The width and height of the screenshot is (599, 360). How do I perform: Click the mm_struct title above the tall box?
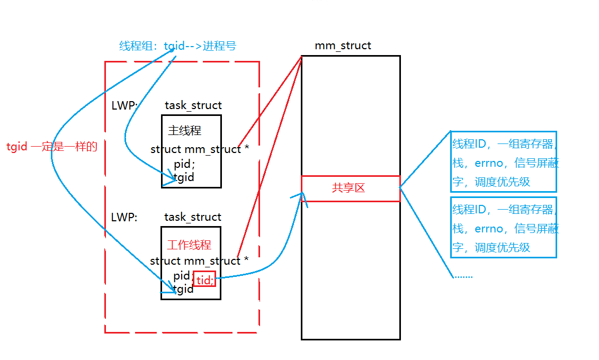point(343,46)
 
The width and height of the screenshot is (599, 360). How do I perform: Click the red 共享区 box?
point(350,188)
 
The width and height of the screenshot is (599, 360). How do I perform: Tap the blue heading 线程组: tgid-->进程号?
point(177,46)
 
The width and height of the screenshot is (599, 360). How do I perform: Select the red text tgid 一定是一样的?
point(52,147)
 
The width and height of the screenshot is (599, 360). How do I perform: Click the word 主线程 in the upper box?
point(184,130)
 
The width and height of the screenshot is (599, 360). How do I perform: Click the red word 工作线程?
point(189,245)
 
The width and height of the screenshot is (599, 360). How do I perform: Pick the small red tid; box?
point(204,279)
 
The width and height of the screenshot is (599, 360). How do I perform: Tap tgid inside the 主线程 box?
point(184,177)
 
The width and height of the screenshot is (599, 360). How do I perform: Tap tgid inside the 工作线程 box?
point(183,289)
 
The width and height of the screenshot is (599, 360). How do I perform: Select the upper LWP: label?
point(124,105)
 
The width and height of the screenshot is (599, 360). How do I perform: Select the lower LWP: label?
point(124,217)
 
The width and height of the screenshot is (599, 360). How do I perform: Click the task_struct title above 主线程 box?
point(193,105)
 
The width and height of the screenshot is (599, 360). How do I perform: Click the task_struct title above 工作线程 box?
point(193,217)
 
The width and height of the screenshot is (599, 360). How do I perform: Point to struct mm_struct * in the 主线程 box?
point(200,149)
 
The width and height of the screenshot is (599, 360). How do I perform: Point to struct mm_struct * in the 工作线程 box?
point(199,261)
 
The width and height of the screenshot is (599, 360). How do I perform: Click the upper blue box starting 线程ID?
point(503,161)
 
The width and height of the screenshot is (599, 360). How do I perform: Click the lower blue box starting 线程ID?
point(503,227)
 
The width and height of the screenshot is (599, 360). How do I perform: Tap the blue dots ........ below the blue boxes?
point(463,276)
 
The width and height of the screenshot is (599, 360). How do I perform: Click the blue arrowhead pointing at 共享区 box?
point(302,195)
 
